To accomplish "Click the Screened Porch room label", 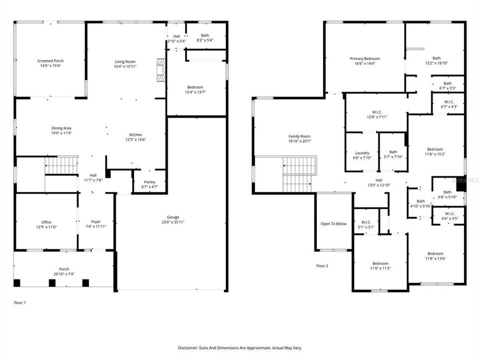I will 50,61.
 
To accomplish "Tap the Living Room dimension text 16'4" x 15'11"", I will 125,66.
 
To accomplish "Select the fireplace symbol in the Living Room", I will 160,70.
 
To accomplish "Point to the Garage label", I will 173,217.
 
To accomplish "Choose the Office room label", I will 46,222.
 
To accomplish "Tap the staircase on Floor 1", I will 62,165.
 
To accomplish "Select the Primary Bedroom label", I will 364,58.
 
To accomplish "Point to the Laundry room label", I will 362,153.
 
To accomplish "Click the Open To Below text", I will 333,223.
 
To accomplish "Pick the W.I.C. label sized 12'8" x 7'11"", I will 377,112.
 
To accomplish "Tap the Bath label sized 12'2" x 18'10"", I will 436,58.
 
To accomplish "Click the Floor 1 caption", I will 19,302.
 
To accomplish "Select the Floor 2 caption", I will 322,266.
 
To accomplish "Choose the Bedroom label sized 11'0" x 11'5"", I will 380,263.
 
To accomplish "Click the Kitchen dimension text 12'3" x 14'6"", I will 136,140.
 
